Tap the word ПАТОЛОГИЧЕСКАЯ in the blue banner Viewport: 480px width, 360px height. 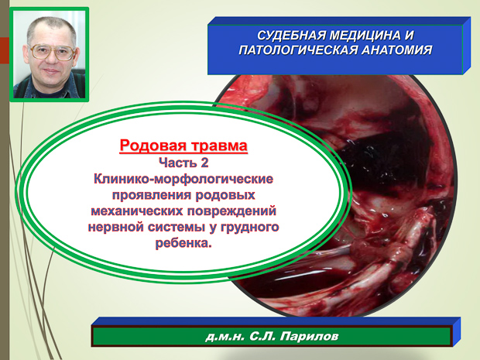[x=298, y=50]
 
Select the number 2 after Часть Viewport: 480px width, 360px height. [x=204, y=163]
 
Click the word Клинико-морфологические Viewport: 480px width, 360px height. [x=183, y=179]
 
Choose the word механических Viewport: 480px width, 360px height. [x=137, y=211]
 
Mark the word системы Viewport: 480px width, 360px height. [x=177, y=227]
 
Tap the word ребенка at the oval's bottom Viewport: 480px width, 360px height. [x=182, y=243]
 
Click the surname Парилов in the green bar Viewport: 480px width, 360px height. [x=310, y=336]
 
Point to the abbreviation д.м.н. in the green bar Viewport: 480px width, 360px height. [x=225, y=337]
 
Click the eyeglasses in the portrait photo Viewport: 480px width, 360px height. [x=52, y=53]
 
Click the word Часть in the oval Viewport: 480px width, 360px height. [x=177, y=163]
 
